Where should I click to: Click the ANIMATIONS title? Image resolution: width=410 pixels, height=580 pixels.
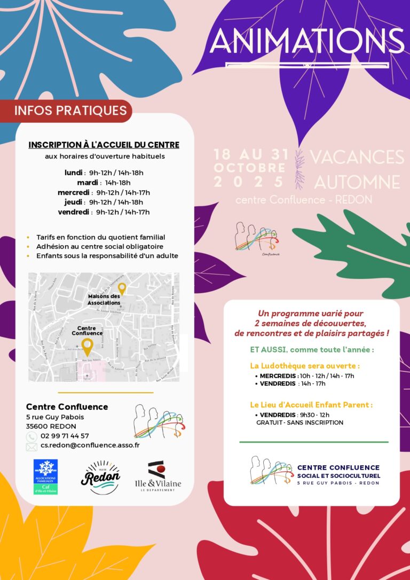pos(307,42)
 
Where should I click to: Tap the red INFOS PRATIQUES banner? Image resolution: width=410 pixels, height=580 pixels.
pos(70,111)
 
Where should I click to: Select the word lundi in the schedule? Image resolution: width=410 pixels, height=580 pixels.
pos(73,173)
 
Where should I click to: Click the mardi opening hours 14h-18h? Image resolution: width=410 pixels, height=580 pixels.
pos(117,182)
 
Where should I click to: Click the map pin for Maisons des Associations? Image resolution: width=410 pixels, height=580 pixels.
pos(122,288)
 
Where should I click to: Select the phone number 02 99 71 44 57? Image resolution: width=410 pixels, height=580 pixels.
pos(65,436)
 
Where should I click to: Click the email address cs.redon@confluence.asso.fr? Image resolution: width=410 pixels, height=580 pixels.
pos(90,445)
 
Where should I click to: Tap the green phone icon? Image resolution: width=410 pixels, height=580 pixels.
pos(31,436)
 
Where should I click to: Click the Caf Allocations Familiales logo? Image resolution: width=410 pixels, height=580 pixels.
pos(45,476)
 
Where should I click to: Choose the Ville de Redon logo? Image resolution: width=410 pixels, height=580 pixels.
pos(100,476)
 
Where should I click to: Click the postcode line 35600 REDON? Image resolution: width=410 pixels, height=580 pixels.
pos(51,426)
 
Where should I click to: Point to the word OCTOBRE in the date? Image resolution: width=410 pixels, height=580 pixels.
pos(250,168)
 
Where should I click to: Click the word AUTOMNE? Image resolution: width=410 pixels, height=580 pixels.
pos(357,182)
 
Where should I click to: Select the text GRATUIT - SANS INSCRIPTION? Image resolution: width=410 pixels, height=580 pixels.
pos(299,422)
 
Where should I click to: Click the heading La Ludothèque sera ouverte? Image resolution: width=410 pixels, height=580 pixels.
pos(305,366)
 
